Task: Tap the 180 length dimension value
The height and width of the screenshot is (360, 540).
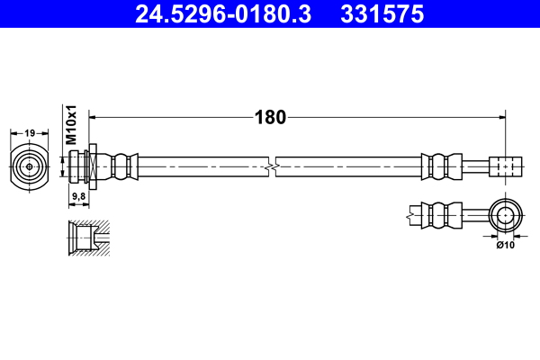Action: tap(270, 117)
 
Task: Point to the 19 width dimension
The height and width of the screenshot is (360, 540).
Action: tap(30, 133)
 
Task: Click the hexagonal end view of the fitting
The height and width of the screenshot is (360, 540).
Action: tap(30, 166)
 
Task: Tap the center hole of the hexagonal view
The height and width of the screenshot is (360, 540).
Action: tap(30, 166)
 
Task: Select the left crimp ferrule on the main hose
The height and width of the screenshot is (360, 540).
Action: tap(127, 166)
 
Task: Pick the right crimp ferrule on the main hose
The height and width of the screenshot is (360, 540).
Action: tap(439, 166)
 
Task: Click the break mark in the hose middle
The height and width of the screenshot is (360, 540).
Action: tap(273, 166)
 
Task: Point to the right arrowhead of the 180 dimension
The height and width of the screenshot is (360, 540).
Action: tap(500, 117)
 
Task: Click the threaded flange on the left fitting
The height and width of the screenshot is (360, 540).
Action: tap(90, 166)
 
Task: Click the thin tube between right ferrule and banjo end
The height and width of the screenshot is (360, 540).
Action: tap(473, 166)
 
